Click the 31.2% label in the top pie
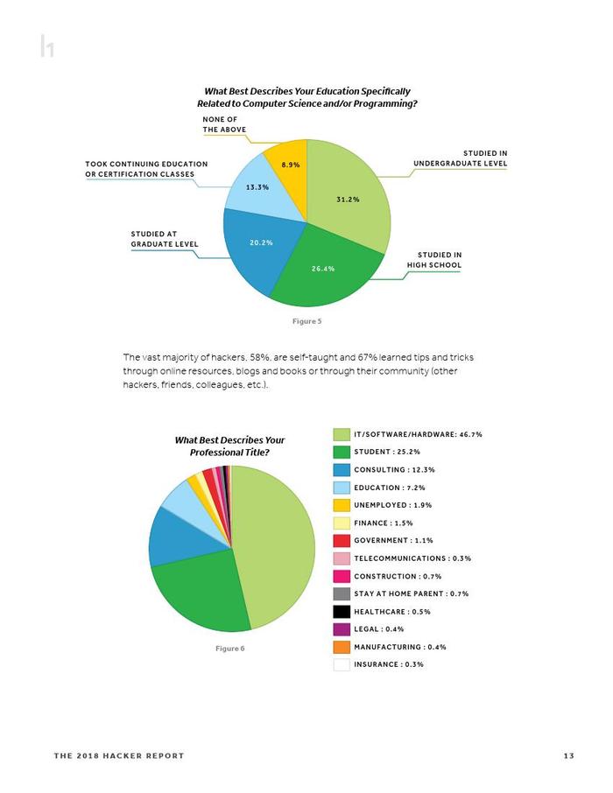[x=348, y=200]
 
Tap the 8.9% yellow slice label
[x=291, y=165]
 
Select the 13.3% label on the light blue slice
[x=257, y=187]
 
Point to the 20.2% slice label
[x=261, y=242]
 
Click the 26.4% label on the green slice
[x=323, y=269]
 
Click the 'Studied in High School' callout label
[x=434, y=260]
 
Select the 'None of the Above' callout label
[x=224, y=124]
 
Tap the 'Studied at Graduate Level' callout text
[x=165, y=239]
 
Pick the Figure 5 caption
[x=306, y=321]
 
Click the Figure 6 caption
[x=229, y=649]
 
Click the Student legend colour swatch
[x=342, y=452]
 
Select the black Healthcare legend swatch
[x=342, y=612]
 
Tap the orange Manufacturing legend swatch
[x=342, y=647]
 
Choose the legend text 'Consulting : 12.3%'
[x=394, y=470]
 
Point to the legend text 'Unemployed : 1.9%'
[x=393, y=505]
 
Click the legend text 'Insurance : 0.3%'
[x=389, y=664]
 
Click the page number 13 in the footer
[x=569, y=755]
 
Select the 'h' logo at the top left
[x=47, y=46]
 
